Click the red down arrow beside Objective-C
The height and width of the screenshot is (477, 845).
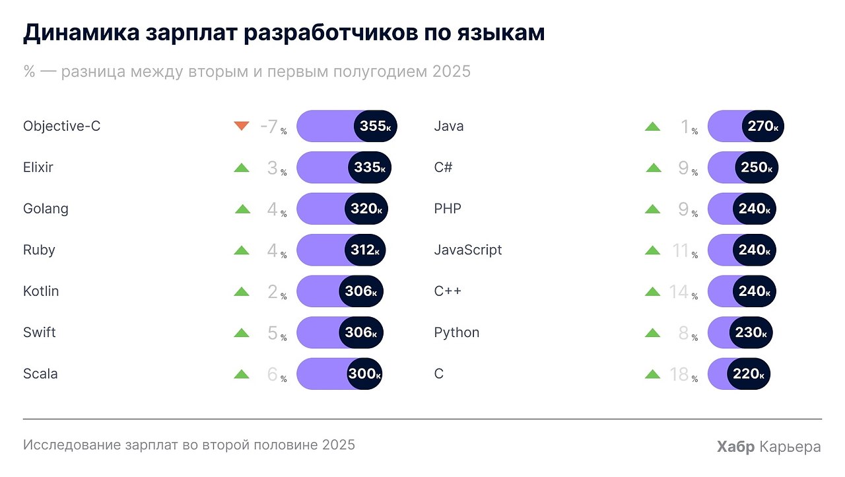pyautogui.click(x=242, y=126)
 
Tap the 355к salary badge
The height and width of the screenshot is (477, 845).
pyautogui.click(x=376, y=126)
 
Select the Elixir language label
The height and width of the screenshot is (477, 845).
pyautogui.click(x=38, y=167)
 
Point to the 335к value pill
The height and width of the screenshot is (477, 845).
pyautogui.click(x=370, y=167)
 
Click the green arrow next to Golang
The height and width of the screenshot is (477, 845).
pyautogui.click(x=242, y=209)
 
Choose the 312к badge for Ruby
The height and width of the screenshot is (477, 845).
pyautogui.click(x=365, y=250)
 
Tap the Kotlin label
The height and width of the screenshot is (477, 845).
pyautogui.click(x=41, y=291)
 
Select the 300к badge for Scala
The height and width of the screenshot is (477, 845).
pyautogui.click(x=364, y=373)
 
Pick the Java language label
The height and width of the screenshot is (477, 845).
pyautogui.click(x=449, y=126)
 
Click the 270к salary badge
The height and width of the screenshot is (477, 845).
pyautogui.click(x=762, y=126)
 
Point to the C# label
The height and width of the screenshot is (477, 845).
pyautogui.click(x=443, y=167)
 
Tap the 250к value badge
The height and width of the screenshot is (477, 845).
pyautogui.click(x=757, y=167)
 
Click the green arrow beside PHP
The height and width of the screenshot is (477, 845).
pyautogui.click(x=653, y=209)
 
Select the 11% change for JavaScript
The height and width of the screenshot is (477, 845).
pyautogui.click(x=685, y=250)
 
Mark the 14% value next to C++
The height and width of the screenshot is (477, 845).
pyautogui.click(x=683, y=292)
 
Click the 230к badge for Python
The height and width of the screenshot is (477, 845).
pyautogui.click(x=751, y=332)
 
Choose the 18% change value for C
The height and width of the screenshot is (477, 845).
pyautogui.click(x=683, y=375)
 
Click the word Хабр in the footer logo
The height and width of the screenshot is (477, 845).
pyautogui.click(x=735, y=447)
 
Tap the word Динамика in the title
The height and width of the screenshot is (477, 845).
pyautogui.click(x=81, y=32)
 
